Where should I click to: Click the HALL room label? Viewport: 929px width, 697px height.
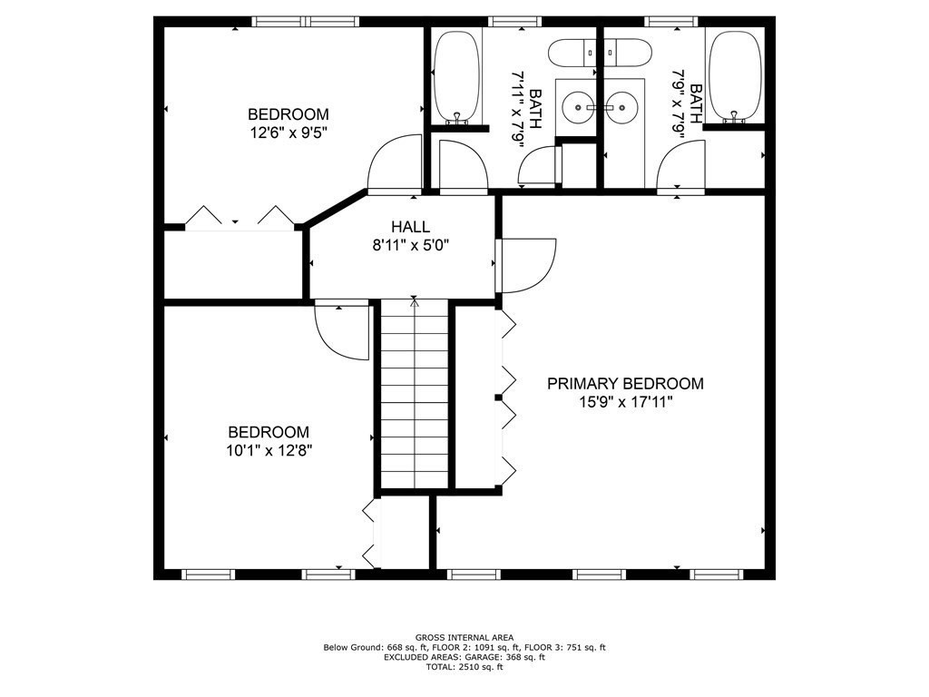[410, 226]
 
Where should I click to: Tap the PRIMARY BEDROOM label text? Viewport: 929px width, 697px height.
[625, 384]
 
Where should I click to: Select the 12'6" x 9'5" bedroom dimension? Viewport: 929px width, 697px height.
[288, 133]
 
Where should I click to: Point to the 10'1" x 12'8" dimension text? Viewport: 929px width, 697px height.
[269, 451]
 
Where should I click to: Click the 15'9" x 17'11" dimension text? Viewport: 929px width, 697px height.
[626, 402]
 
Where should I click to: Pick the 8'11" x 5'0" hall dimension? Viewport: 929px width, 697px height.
[411, 245]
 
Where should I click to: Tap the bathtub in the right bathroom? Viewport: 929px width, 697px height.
[735, 77]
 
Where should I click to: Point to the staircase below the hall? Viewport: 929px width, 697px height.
[414, 394]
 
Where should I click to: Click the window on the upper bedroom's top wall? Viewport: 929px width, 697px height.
[305, 22]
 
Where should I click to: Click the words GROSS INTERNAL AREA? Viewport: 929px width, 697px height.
[464, 638]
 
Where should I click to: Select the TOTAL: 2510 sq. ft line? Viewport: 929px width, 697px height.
[464, 667]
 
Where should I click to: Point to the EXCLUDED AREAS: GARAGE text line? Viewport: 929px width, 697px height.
[464, 657]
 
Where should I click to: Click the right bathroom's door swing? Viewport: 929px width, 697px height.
[680, 167]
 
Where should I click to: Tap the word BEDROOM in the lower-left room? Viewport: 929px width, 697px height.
[269, 432]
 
